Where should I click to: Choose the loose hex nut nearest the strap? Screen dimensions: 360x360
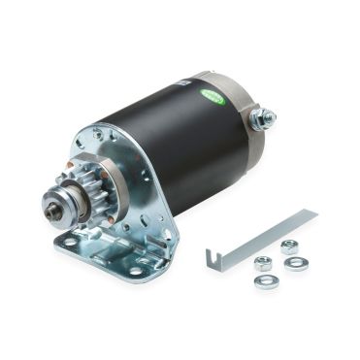click(262, 262)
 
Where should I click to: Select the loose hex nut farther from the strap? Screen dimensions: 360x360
click(289, 246)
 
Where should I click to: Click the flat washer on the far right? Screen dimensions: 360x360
click(296, 263)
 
